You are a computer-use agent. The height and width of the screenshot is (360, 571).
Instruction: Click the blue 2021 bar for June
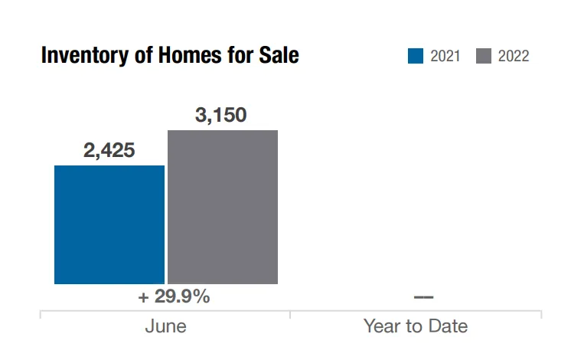109,224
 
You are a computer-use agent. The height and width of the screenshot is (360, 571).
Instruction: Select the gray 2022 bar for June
222,207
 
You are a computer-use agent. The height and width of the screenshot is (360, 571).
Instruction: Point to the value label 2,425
109,151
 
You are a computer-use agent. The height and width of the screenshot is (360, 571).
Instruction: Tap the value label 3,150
221,116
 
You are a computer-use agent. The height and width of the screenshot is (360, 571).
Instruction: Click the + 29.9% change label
174,297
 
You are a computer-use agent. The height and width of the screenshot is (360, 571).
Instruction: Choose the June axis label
165,326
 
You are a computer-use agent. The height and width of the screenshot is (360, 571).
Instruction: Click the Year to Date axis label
415,326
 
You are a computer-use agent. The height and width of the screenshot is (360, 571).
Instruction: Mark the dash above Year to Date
423,297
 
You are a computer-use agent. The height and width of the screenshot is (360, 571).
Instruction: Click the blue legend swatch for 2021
416,56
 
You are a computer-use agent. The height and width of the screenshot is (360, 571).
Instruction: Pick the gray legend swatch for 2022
483,56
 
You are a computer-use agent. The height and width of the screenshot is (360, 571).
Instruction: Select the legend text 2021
445,56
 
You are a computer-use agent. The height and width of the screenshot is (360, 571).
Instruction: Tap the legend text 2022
513,56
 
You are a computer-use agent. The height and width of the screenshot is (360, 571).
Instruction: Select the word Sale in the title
278,56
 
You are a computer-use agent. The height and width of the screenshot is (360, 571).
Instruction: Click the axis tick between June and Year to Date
290,314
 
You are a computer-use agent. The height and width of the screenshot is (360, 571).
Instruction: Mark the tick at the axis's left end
40,314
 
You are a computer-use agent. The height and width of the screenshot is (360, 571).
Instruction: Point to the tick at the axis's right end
540,314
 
